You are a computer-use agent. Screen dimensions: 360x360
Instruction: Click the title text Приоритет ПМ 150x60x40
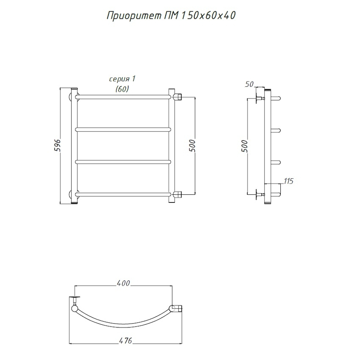171,16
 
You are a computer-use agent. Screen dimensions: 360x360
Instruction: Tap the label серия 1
122,79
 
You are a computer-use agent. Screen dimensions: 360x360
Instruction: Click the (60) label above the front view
122,89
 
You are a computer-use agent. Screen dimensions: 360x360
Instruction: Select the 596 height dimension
57,145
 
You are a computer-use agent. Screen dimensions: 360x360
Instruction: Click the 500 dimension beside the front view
192,146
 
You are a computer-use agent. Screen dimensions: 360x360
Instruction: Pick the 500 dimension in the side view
245,146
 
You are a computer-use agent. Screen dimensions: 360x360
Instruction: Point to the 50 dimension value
249,84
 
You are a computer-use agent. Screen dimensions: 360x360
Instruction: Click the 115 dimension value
288,181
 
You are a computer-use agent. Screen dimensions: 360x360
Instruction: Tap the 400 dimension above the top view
124,283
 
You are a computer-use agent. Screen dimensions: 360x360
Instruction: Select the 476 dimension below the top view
126,341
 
